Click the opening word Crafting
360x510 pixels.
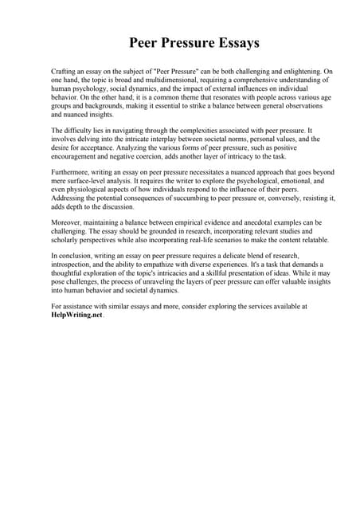coord(65,72)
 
